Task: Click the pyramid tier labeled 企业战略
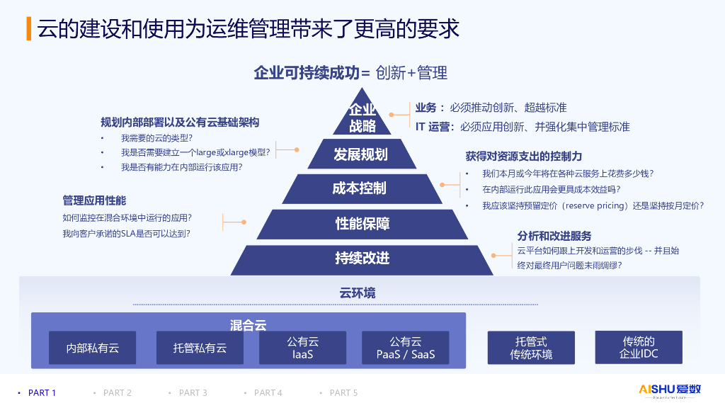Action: tap(362, 118)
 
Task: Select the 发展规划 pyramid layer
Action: tap(361, 154)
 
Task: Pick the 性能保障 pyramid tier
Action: tap(362, 224)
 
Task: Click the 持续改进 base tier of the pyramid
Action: tap(362, 259)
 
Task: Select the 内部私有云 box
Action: tap(93, 348)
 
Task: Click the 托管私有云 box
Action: tap(200, 348)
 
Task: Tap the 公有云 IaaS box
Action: tap(303, 348)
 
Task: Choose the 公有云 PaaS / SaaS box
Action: tap(406, 348)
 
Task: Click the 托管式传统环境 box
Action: tap(531, 348)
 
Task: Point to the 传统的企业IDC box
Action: tap(639, 347)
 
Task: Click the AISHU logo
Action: tap(670, 390)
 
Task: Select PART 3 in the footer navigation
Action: tap(193, 392)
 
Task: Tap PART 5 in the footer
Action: tap(343, 392)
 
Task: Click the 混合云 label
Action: tap(248, 325)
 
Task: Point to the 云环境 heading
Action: tap(358, 293)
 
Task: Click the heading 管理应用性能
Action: tap(94, 200)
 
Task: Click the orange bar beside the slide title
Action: tap(28, 28)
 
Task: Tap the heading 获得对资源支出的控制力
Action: tap(523, 156)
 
